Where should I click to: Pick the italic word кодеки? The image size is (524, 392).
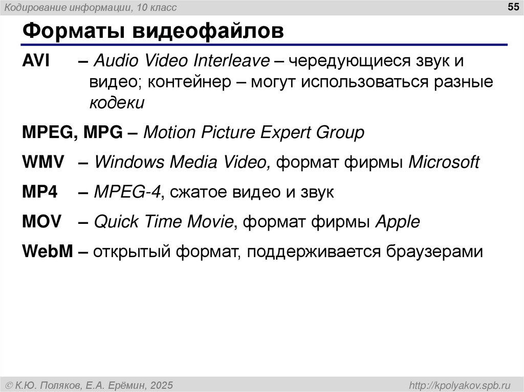pos(117,103)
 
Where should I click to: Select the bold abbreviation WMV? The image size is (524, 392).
pos(43,163)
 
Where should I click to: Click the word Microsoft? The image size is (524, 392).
pos(444,163)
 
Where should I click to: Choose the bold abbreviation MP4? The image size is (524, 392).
pos(40,192)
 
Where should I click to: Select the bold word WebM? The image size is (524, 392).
pos(48,251)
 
